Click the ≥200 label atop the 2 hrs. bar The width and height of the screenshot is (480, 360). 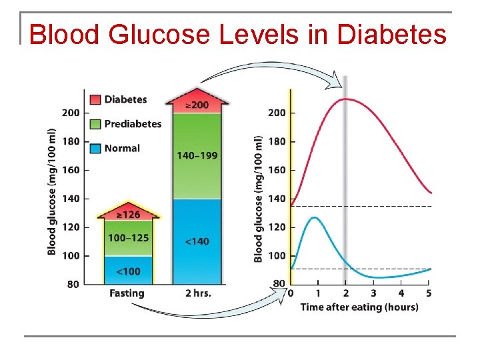click(x=197, y=105)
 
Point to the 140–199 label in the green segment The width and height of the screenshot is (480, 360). click(x=197, y=155)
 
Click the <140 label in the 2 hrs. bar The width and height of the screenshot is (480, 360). click(x=197, y=241)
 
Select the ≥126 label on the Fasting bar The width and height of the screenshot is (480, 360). click(x=130, y=215)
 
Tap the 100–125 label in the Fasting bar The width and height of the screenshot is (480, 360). click(x=129, y=237)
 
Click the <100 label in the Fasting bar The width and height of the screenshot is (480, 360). click(x=129, y=271)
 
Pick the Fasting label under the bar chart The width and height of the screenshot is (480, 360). click(x=127, y=293)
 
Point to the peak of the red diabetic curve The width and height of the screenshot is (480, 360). click(x=345, y=99)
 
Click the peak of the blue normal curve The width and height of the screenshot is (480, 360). click(x=315, y=217)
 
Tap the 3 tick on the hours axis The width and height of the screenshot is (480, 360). click(x=373, y=293)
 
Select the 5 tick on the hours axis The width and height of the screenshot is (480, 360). click(x=429, y=293)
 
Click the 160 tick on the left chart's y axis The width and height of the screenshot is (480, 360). click(x=71, y=170)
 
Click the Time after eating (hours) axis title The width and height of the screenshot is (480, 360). click(x=359, y=307)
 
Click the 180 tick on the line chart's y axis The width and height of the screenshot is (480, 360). click(x=277, y=141)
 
